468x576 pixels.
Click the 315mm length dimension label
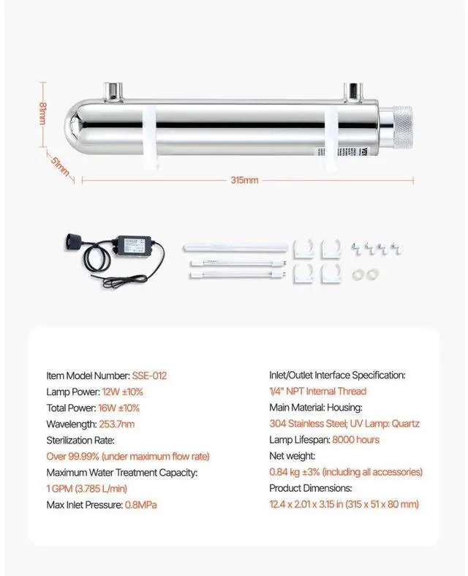(x=245, y=180)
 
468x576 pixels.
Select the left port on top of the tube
(x=115, y=91)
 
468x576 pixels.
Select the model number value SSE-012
(x=149, y=375)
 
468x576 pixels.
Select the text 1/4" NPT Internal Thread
(x=318, y=392)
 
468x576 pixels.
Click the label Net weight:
(x=292, y=456)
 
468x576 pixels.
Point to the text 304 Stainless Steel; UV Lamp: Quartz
(x=344, y=424)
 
